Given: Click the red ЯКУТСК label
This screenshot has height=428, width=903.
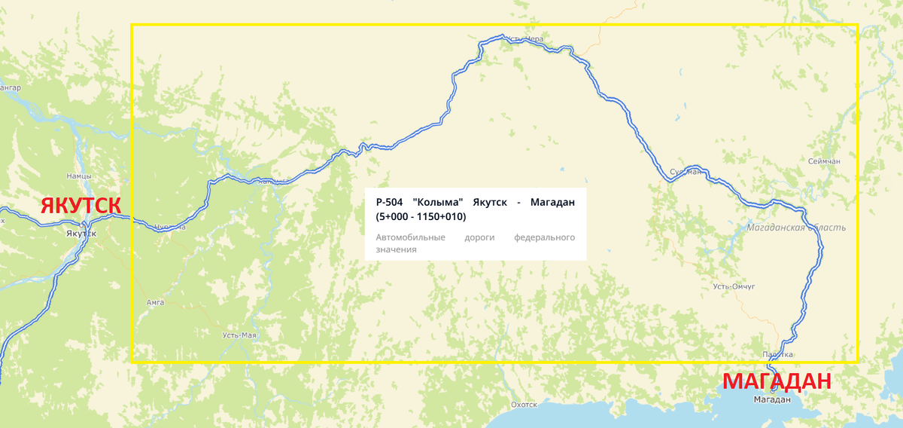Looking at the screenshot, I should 81,206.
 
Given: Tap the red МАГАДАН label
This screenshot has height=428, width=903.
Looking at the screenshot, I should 777,381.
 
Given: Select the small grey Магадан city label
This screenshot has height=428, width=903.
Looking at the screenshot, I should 772,400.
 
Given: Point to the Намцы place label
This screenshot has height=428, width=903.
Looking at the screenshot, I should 79,176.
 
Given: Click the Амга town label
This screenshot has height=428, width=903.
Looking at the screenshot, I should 155,302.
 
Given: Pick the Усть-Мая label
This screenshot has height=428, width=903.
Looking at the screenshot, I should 239,335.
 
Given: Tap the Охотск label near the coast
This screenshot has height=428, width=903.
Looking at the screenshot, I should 524,405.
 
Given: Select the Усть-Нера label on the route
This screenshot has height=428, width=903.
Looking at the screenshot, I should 524,39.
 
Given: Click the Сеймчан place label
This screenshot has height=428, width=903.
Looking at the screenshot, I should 824,161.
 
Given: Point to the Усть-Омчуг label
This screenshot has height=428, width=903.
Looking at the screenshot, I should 734,286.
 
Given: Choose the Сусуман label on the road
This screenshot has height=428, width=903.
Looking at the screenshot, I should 685,172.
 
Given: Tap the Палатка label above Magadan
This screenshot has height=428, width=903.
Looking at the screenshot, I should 779,354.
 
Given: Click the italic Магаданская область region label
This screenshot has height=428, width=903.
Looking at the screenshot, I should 797,227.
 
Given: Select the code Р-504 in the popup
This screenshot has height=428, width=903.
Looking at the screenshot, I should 390,202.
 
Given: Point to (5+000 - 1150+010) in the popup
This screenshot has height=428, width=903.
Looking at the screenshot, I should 421,217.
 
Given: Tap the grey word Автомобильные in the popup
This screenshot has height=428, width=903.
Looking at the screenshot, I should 410,237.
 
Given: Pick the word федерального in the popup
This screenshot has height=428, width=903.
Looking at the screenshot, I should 544,237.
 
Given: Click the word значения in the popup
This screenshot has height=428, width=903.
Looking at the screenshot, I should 396,249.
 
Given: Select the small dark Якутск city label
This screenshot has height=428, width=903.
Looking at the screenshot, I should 81,233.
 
